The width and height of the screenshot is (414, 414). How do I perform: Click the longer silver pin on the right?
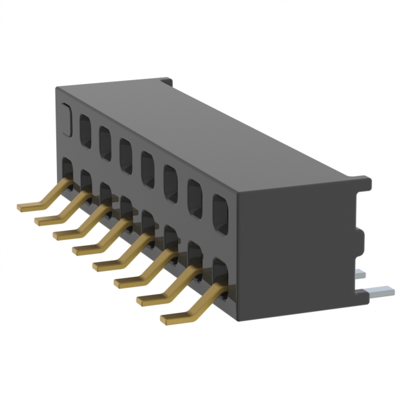click(x=378, y=291)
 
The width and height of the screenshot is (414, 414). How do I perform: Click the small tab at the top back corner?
click(x=166, y=82)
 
